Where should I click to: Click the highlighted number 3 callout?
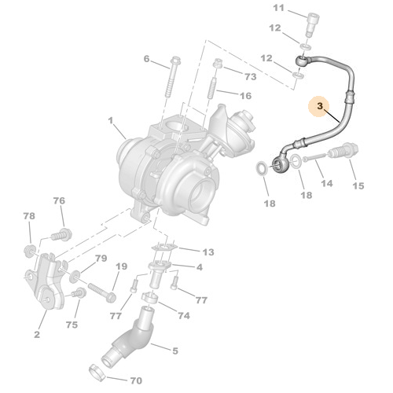pyautogui.click(x=320, y=105)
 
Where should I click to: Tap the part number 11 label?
pyautogui.click(x=277, y=8)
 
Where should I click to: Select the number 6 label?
pyautogui.click(x=146, y=59)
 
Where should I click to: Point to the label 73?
pyautogui.click(x=250, y=77)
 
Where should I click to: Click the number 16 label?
pyautogui.click(x=244, y=96)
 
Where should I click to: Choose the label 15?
pyautogui.click(x=358, y=186)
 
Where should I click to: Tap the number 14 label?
pyautogui.click(x=326, y=183)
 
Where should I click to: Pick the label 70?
pyautogui.click(x=135, y=379)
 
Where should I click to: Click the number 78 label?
pyautogui.click(x=29, y=216)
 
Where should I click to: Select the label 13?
pyautogui.click(x=208, y=252)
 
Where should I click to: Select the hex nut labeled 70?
pyautogui.click(x=93, y=369)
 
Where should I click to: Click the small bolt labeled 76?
pyautogui.click(x=60, y=234)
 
